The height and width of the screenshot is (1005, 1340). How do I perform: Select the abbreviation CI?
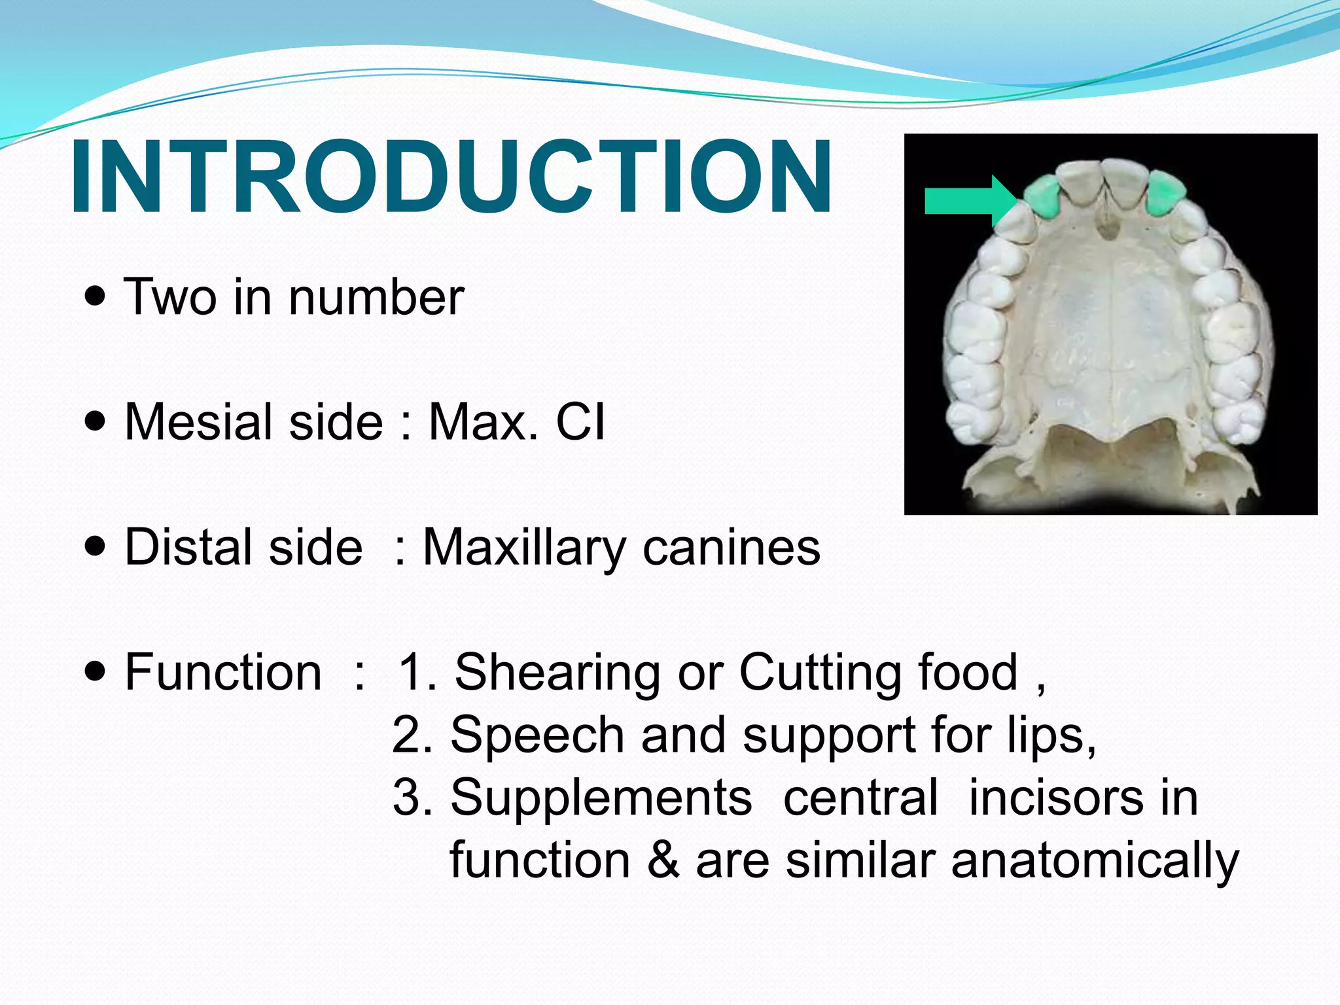[x=580, y=422]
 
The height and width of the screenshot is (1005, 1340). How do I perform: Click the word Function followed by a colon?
[x=222, y=673]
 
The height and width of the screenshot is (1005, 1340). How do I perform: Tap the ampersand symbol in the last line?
[x=663, y=861]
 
